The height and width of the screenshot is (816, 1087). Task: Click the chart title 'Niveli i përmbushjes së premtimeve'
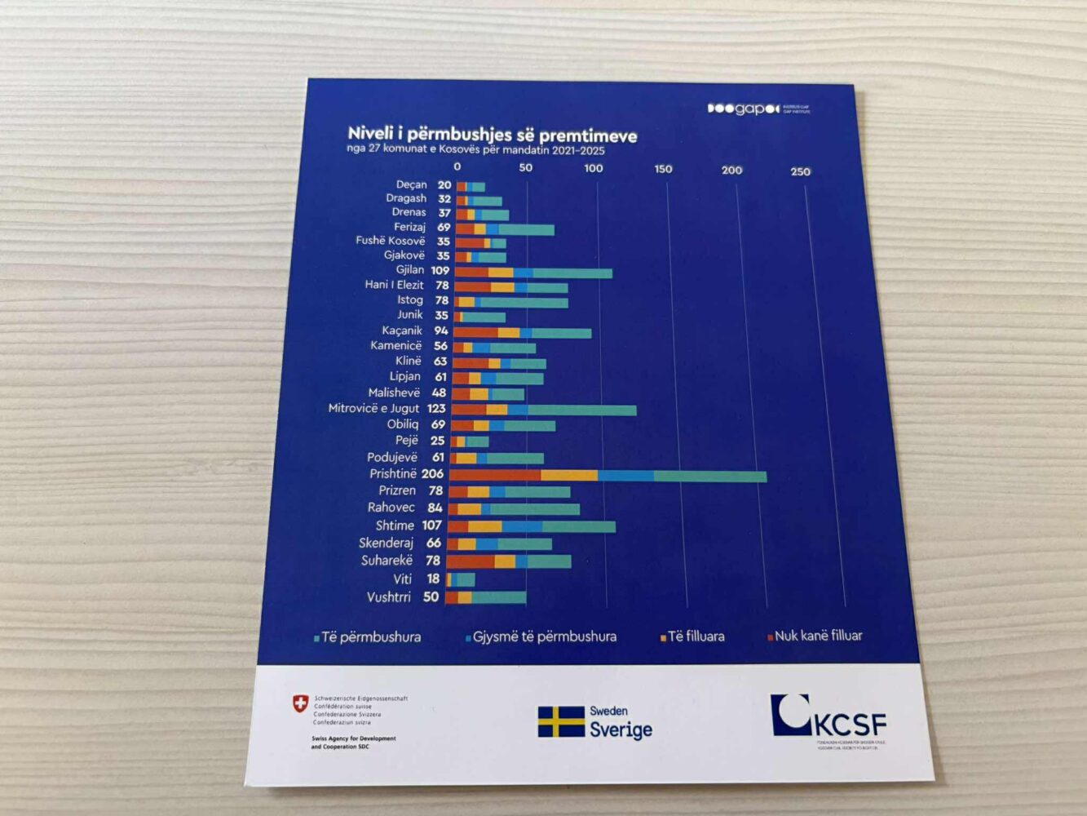coord(492,135)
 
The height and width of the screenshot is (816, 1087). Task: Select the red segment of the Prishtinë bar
coord(495,475)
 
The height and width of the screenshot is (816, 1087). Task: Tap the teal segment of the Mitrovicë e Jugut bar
coord(581,410)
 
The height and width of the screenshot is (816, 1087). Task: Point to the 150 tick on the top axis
coord(663,169)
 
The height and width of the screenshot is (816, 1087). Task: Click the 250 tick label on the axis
coord(800,171)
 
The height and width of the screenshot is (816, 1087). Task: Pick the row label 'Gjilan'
coord(410,270)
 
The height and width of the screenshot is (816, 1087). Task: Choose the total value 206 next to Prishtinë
coord(432,474)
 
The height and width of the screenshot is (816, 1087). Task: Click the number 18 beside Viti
coord(433,579)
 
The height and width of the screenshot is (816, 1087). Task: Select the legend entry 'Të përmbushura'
coord(370,637)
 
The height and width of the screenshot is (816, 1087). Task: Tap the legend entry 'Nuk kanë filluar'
coord(817,636)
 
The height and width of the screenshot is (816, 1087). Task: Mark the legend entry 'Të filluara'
coord(695,636)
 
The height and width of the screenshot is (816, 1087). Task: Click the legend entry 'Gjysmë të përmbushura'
coord(543,636)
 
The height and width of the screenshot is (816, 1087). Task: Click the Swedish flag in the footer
coord(560,722)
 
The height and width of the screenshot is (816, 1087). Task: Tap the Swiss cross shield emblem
coord(301,703)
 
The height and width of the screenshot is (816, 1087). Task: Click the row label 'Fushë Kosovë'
coord(390,241)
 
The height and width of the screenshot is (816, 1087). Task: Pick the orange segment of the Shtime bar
coord(484,526)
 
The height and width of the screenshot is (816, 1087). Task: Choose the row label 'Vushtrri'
coord(389,597)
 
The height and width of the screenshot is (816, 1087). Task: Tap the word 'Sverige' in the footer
coord(621,730)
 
